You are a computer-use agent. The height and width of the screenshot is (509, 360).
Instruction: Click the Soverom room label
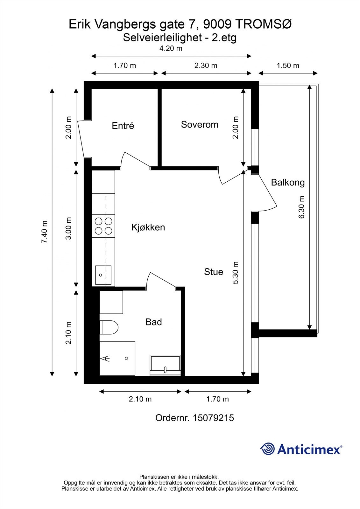[200, 124]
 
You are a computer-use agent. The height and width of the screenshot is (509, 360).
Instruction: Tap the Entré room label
[123, 125]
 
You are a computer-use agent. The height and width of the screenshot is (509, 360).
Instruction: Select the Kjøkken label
[148, 227]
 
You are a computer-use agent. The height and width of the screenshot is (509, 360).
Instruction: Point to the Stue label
[214, 272]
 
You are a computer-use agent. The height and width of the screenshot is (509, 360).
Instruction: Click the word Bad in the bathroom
[154, 322]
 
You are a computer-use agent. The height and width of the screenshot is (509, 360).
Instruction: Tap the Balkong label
[288, 183]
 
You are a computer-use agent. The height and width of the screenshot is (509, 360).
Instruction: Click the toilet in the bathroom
[109, 327]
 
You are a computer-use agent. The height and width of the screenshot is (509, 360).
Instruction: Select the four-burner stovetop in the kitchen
[103, 226]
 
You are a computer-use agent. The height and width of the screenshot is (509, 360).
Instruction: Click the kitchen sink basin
[103, 275]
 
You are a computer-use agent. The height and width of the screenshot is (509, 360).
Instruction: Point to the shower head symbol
[105, 359]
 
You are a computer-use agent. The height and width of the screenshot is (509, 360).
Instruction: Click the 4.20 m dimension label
[171, 48]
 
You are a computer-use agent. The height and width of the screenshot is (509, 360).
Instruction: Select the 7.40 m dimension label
[45, 232]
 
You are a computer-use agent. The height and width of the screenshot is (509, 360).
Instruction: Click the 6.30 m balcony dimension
[301, 207]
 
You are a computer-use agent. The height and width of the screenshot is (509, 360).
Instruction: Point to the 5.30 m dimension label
[235, 273]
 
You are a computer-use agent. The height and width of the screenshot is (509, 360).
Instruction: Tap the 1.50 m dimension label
[288, 66]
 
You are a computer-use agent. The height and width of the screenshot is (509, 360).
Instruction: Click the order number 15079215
[213, 418]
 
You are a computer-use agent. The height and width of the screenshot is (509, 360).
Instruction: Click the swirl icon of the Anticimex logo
[267, 449]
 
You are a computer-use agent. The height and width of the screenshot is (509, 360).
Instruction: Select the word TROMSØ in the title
[263, 24]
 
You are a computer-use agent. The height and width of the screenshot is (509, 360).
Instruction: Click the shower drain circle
[126, 359]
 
